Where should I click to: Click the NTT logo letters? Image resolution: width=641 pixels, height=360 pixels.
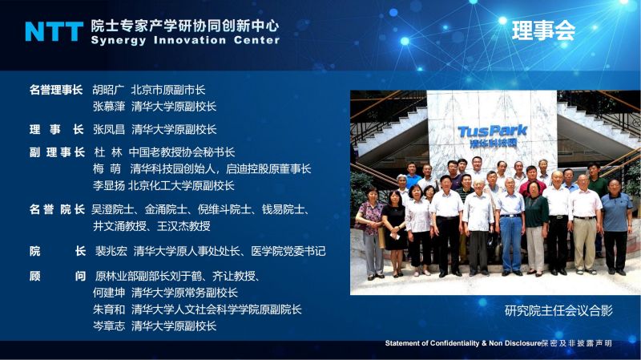(x=54, y=31)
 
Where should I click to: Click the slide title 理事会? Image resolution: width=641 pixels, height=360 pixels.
(x=543, y=30)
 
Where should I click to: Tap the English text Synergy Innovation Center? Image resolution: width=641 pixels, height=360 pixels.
(x=185, y=40)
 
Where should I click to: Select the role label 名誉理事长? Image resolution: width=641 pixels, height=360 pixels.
(x=56, y=90)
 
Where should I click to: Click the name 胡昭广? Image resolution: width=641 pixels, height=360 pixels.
(x=108, y=90)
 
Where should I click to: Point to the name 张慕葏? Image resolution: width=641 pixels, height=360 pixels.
(x=108, y=107)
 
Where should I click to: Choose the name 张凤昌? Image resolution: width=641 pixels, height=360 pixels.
(x=108, y=129)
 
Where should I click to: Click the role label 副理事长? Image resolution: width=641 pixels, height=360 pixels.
(x=57, y=152)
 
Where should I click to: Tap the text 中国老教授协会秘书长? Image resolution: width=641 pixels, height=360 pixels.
(x=182, y=152)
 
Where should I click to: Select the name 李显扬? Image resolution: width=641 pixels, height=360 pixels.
(x=108, y=185)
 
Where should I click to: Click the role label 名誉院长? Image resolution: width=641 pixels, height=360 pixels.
(x=57, y=209)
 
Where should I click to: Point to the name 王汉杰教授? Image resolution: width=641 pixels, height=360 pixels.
(x=183, y=226)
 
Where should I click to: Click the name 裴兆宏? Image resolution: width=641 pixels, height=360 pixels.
(x=111, y=251)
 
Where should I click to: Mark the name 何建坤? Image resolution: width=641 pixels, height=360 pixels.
(x=108, y=293)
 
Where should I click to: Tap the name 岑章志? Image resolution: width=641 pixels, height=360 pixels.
(x=108, y=326)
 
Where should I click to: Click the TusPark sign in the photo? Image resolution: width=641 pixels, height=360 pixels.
(x=492, y=136)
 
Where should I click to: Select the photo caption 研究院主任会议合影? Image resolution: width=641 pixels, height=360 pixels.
(x=558, y=310)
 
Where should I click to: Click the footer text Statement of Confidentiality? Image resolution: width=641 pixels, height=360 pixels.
(x=432, y=343)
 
